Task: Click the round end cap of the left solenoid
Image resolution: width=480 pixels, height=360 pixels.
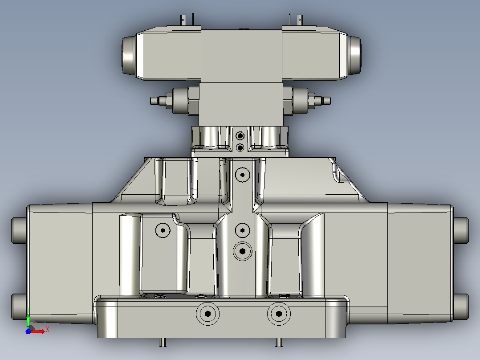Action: [129, 55]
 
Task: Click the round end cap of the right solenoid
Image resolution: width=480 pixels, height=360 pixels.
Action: [355, 55]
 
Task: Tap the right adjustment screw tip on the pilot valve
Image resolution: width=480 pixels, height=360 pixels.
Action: [327, 101]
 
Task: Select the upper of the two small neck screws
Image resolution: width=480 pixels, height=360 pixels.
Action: [240, 136]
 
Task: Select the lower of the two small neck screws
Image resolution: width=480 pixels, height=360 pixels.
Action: [240, 148]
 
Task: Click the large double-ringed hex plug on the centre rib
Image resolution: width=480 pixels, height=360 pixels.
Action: [242, 251]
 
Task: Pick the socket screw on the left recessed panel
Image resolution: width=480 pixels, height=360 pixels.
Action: [163, 230]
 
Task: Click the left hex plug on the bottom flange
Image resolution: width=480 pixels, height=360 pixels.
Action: [207, 314]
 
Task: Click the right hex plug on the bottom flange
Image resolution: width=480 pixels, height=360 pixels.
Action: [279, 314]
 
